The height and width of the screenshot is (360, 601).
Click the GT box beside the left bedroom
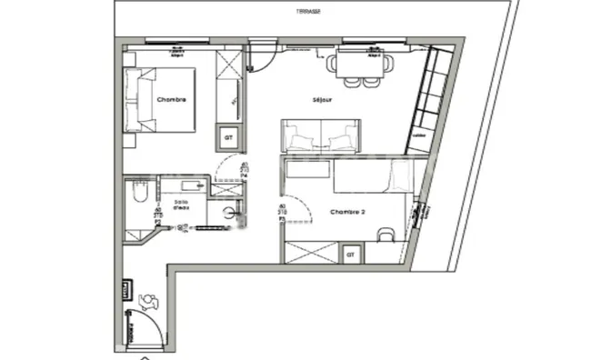pos(225,138)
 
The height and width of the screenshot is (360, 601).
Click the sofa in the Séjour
pos(319,136)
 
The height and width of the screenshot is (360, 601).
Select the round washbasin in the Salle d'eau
pos(233,213)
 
